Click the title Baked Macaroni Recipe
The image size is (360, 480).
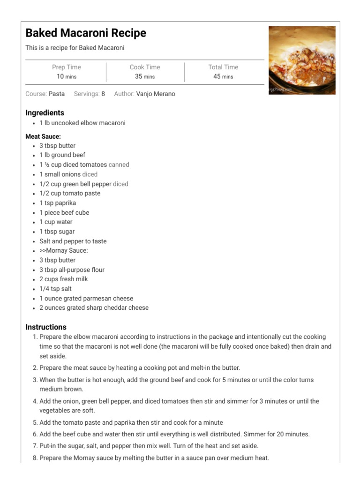(x=86, y=33)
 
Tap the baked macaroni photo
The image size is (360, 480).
(x=301, y=60)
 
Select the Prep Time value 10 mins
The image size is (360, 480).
(x=66, y=76)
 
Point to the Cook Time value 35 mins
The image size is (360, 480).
(x=145, y=76)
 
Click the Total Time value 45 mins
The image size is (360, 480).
(x=223, y=76)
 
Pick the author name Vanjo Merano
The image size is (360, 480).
(x=156, y=94)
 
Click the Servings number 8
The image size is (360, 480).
(x=103, y=94)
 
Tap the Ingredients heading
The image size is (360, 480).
(x=45, y=113)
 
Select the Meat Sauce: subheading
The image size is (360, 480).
(x=43, y=136)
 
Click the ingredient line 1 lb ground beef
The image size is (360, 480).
(x=62, y=155)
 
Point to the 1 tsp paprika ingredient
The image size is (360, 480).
(x=58, y=203)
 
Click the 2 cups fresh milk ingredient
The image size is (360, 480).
(x=64, y=279)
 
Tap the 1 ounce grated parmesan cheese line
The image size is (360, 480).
(x=86, y=299)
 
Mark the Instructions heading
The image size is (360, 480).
(x=46, y=327)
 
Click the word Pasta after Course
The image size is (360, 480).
(x=57, y=94)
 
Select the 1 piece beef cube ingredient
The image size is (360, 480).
(x=64, y=212)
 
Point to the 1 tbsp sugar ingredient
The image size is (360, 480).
(x=57, y=232)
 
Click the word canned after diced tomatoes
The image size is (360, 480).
(x=119, y=165)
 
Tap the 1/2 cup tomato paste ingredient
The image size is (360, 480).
(x=70, y=193)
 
